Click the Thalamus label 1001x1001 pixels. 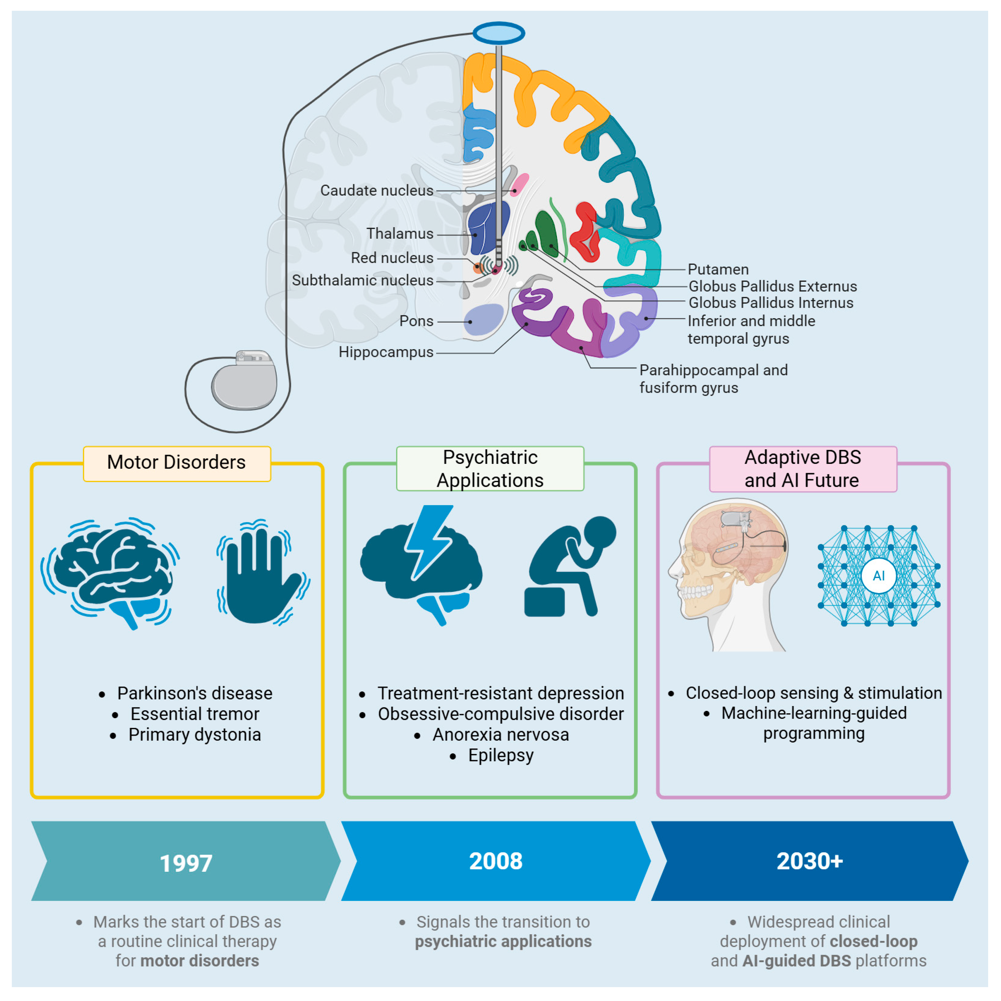pos(400,234)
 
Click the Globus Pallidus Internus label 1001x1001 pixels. pos(770,303)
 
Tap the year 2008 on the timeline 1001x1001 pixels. pos(495,861)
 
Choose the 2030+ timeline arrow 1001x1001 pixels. pos(809,861)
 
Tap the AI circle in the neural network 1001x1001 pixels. pos(878,576)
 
